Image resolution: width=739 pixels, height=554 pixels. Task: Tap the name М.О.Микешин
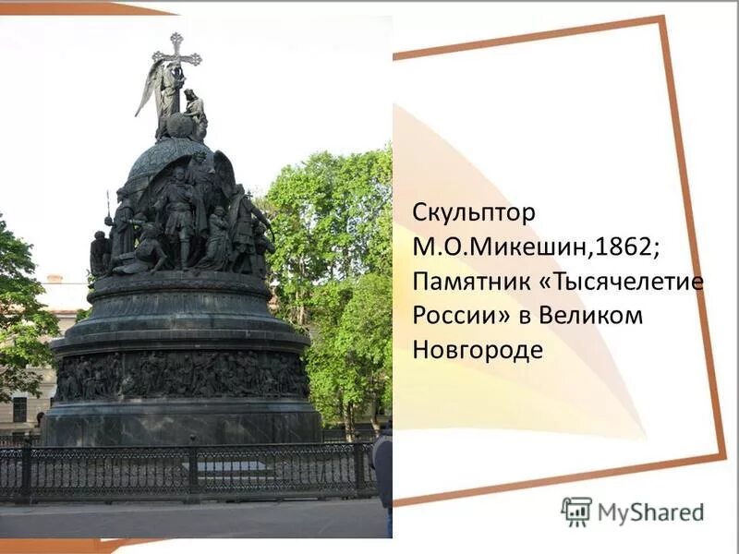tap(486, 247)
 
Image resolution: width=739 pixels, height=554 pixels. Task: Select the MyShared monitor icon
tap(576, 512)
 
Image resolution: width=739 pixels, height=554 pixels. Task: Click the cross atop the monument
tap(176, 51)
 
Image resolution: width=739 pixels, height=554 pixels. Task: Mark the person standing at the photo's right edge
tap(382, 471)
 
